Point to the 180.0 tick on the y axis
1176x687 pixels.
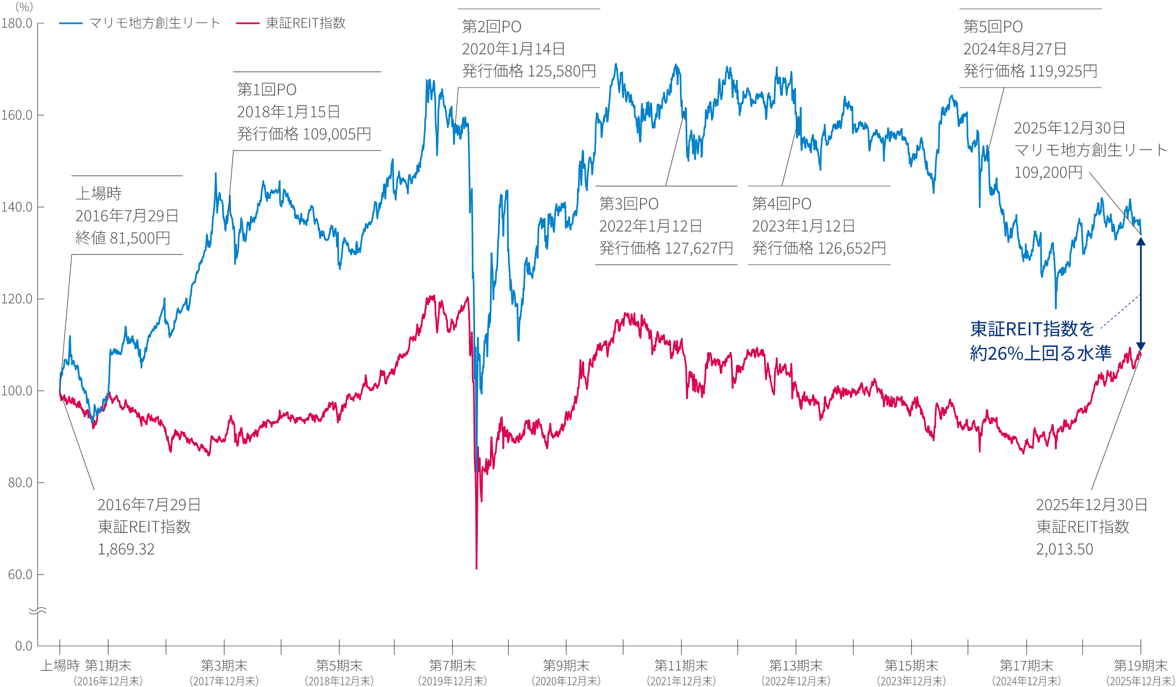(x=17, y=24)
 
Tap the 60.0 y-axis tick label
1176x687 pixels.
(x=20, y=575)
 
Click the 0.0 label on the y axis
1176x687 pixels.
(x=23, y=646)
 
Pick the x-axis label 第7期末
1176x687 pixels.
(x=452, y=665)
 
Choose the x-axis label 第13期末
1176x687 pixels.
(x=796, y=665)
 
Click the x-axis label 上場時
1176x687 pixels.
(x=60, y=665)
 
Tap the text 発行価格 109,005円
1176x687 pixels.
(x=304, y=134)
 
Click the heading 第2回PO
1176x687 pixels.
(x=492, y=27)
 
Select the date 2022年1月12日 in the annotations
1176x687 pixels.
(x=651, y=226)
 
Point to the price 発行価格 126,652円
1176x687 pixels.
(x=819, y=248)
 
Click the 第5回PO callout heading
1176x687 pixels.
(x=993, y=27)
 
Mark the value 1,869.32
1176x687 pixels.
(x=126, y=549)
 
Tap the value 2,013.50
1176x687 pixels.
(x=1065, y=549)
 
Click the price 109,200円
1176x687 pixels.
(x=1048, y=172)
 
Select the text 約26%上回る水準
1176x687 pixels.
(x=1040, y=353)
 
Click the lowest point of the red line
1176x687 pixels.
(x=477, y=568)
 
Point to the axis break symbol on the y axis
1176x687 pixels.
(x=38, y=611)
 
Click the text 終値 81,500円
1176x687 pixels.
(x=123, y=238)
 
